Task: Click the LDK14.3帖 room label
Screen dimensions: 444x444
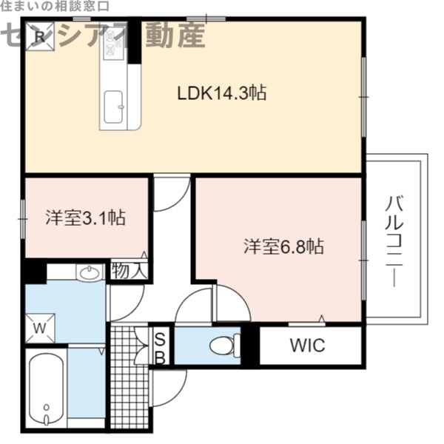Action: coord(221,93)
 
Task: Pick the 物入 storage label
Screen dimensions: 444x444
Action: coord(129,271)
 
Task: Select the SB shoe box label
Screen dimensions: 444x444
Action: coord(160,346)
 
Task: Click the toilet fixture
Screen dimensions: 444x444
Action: coord(225,345)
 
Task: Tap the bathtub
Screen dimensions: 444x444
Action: coord(46,388)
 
